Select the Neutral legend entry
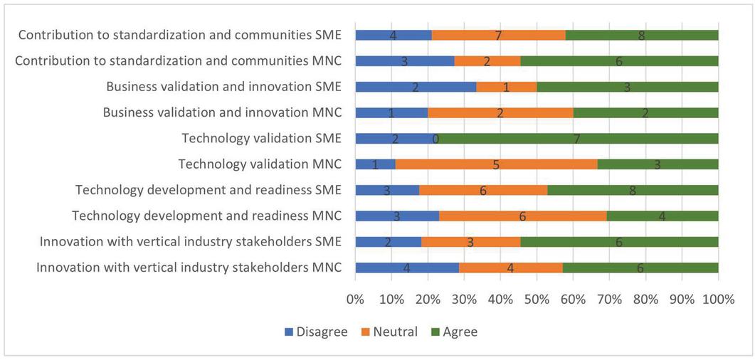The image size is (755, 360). (390, 332)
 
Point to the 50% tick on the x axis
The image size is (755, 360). (537, 300)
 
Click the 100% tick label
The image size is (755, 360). (717, 300)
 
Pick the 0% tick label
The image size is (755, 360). (355, 300)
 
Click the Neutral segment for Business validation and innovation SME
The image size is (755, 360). (506, 87)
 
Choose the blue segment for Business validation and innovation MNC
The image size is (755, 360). (391, 112)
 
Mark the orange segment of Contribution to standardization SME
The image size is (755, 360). (498, 35)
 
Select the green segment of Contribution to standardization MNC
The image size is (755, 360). (619, 61)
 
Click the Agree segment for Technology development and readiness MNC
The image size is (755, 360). (662, 216)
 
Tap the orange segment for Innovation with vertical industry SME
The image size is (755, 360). (470, 242)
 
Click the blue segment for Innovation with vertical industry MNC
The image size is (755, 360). (406, 268)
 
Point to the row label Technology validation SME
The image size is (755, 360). (261, 138)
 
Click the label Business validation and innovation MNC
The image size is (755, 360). (222, 112)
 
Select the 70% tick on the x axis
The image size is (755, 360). (609, 300)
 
